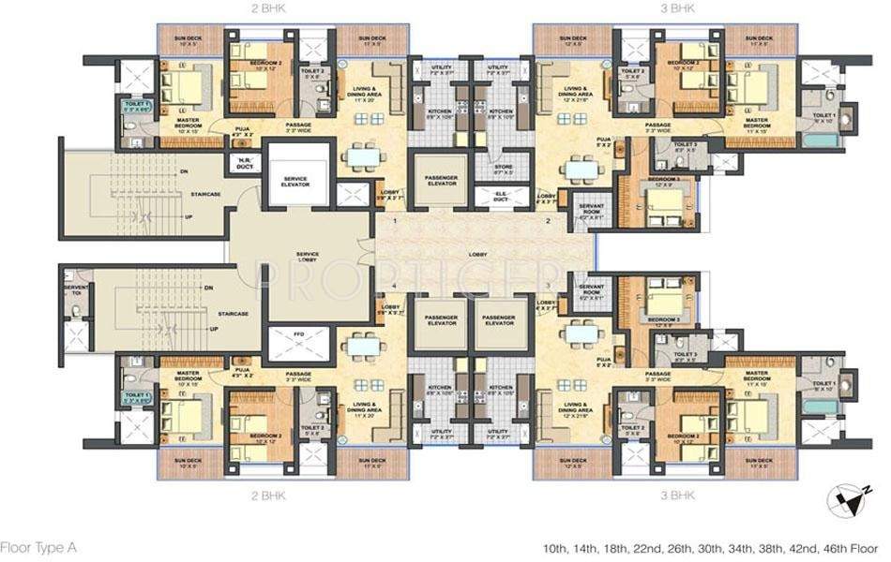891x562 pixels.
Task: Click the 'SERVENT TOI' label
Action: (x=73, y=293)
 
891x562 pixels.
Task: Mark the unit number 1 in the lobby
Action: (x=396, y=221)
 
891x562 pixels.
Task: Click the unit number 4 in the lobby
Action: (x=396, y=285)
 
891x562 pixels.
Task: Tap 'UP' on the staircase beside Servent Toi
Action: (x=214, y=329)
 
